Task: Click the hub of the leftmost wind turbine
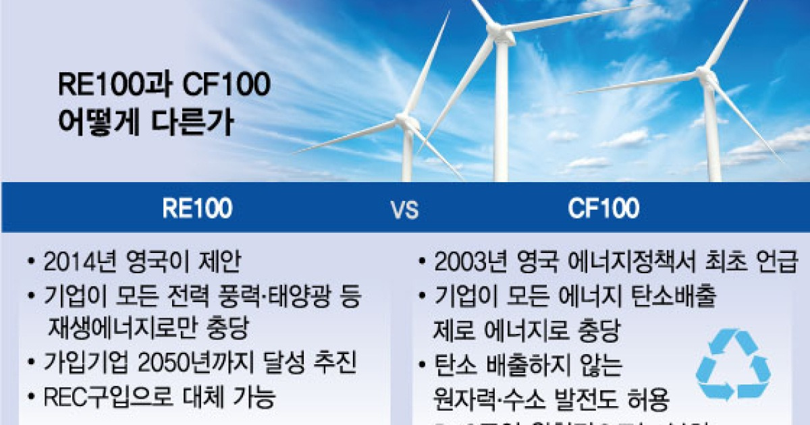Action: coord(407,121)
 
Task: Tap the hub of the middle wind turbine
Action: coord(499,32)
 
